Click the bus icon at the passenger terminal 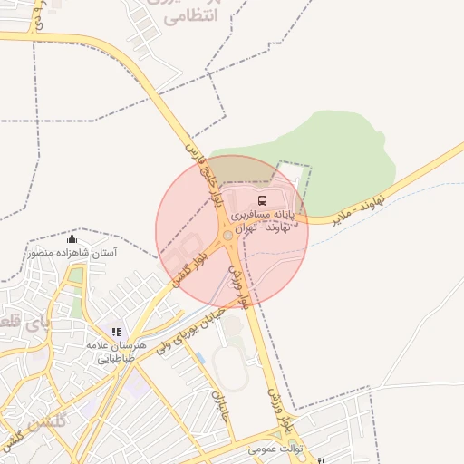(262, 200)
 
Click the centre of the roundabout (227, 236)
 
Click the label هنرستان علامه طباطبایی (116, 352)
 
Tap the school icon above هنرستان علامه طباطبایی (116, 332)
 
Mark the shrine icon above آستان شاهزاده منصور (72, 239)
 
